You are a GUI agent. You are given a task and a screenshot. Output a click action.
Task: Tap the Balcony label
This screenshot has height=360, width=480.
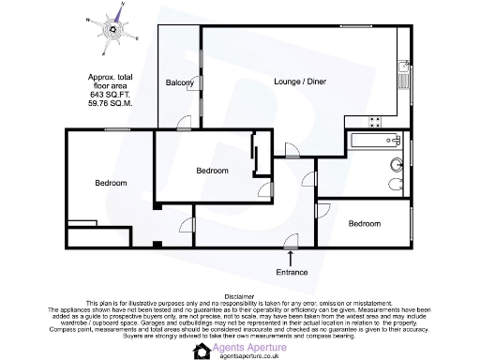pos(180,83)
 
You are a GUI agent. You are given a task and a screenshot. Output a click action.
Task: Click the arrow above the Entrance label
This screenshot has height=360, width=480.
pos(292,256)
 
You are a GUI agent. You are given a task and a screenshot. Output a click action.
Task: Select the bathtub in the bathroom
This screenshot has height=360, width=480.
pos(375,142)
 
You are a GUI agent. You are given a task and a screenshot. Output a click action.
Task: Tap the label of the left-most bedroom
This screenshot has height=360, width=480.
pos(111,183)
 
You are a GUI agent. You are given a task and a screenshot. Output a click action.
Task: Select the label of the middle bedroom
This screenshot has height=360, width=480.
pos(212,171)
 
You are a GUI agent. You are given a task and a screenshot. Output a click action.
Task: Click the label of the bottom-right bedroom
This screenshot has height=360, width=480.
pos(365,224)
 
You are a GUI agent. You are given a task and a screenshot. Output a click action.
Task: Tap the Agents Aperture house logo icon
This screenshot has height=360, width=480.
pos(201,351)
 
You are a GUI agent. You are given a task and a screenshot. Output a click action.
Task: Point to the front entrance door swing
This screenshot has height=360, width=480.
pos(292,241)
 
